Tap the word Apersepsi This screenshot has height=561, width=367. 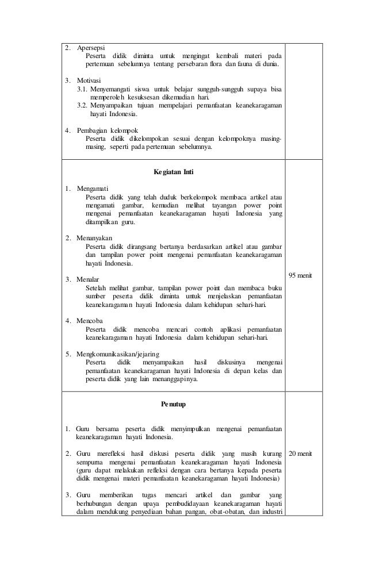click(x=91, y=47)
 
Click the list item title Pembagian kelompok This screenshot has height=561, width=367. click(x=107, y=130)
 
